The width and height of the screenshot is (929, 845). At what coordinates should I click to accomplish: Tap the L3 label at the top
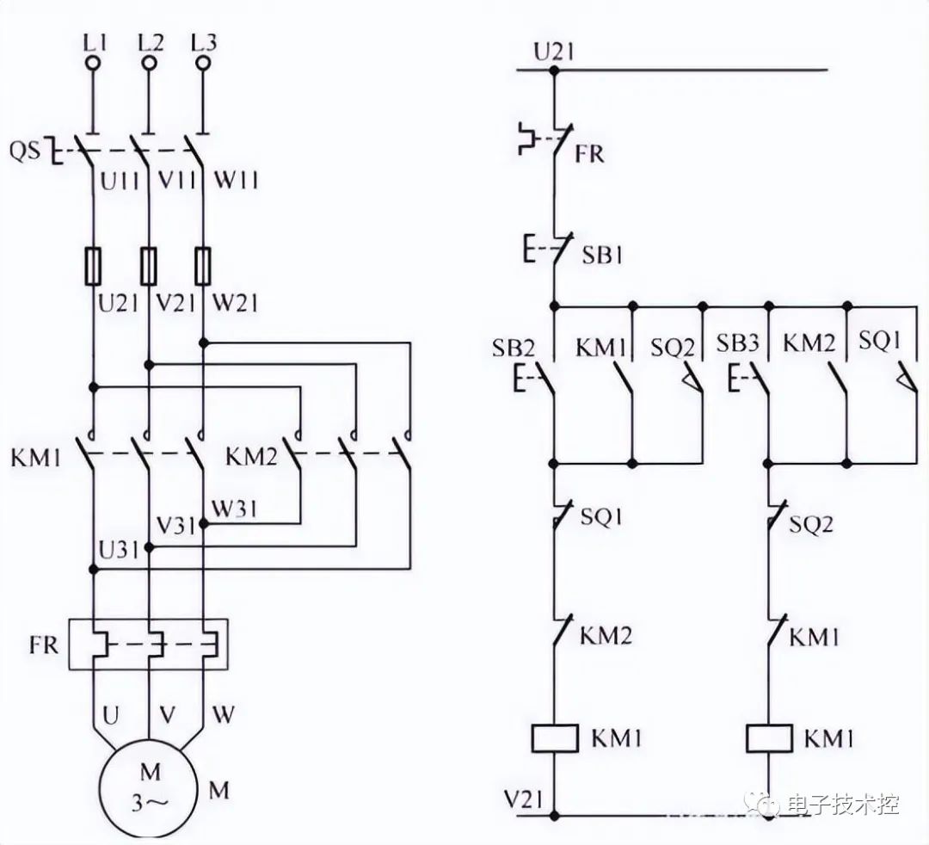[x=203, y=40]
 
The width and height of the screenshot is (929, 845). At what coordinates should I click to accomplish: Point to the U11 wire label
[x=119, y=182]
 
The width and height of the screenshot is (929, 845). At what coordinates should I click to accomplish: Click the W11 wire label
[x=235, y=182]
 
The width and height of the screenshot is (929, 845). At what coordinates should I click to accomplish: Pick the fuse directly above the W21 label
[x=204, y=266]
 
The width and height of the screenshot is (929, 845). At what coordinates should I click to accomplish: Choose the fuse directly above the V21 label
[x=149, y=266]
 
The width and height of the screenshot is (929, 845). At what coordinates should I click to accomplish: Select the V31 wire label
[x=176, y=523]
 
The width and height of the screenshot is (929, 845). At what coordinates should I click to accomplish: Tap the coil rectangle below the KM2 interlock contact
[x=554, y=737]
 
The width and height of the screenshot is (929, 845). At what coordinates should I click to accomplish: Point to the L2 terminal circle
[x=148, y=62]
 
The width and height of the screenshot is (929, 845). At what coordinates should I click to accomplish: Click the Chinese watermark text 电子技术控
[x=841, y=805]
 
